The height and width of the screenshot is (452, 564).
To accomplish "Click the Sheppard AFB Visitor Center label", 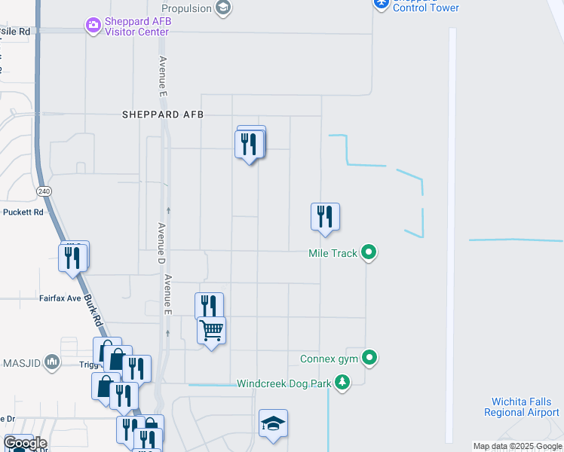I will (137, 27).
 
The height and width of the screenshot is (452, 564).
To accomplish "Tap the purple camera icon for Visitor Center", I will (93, 26).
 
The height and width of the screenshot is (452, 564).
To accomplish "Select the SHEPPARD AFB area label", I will (163, 115).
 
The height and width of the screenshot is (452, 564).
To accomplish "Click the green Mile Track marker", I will (369, 252).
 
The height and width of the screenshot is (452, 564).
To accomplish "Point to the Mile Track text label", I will (333, 253).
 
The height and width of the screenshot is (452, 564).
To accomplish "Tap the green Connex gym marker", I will (369, 358).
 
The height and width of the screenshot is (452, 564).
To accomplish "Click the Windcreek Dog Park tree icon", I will (342, 383).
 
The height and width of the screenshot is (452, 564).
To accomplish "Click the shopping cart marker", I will (212, 330).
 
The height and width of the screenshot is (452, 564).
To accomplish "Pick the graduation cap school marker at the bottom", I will (273, 424).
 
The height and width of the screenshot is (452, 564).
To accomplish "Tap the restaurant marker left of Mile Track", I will (325, 216).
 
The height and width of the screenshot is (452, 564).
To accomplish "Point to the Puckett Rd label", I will (21, 212).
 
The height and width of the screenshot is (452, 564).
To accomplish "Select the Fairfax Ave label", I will (60, 298).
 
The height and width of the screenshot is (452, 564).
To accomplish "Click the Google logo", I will (24, 443).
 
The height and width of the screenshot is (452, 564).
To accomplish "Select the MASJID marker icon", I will (52, 362).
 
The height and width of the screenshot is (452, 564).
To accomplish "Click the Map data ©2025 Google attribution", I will (517, 446).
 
